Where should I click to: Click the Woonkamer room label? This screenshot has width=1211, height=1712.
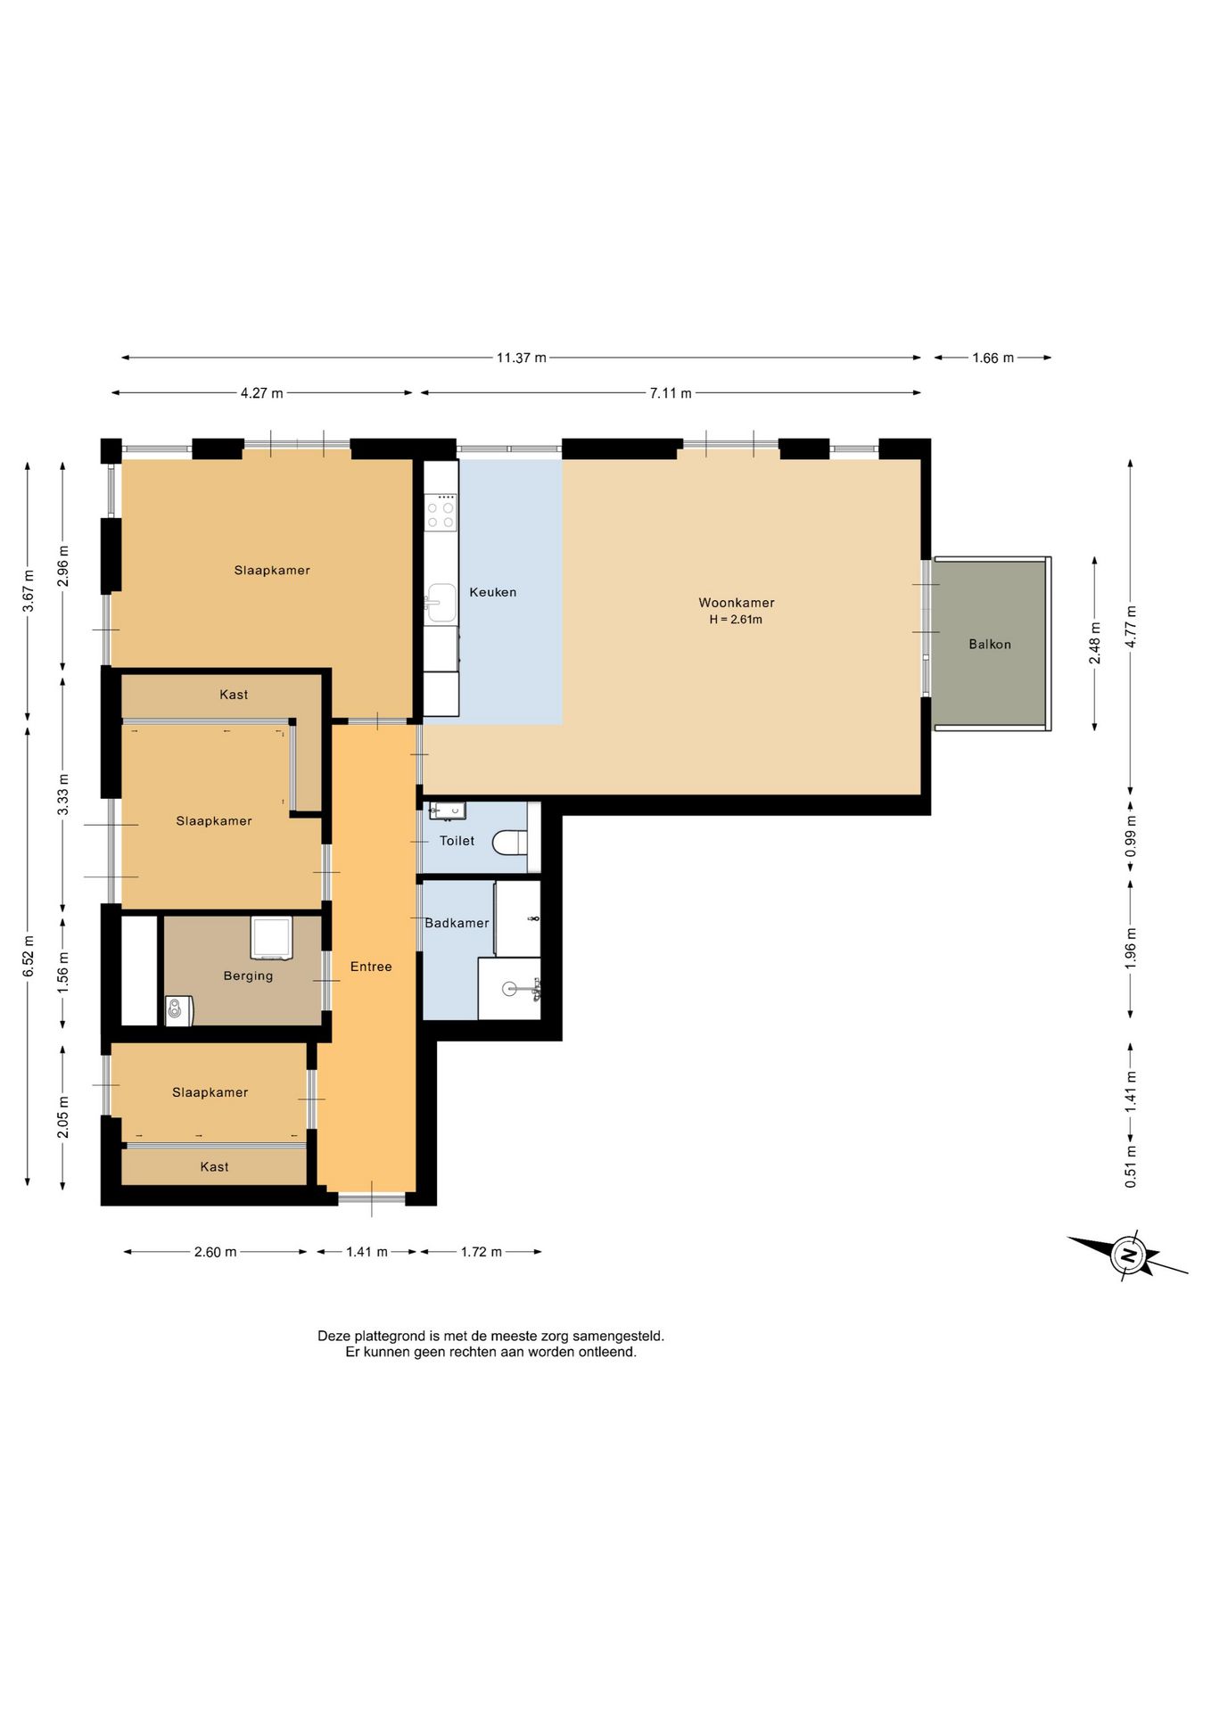(x=736, y=603)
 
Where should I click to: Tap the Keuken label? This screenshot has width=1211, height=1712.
(x=493, y=592)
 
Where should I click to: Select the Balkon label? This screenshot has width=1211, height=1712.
(x=990, y=644)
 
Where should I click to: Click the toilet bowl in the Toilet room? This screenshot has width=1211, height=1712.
(x=510, y=842)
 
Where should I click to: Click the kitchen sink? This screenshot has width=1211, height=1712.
(x=441, y=603)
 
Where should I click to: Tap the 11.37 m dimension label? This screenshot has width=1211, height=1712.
(x=522, y=358)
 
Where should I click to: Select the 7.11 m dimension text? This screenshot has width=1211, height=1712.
(x=671, y=393)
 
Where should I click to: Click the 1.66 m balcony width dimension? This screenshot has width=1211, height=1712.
(x=993, y=358)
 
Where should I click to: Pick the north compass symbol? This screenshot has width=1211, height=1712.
(x=1129, y=1255)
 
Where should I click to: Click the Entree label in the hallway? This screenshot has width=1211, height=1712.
(x=371, y=967)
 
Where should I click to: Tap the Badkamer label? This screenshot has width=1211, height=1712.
(x=457, y=923)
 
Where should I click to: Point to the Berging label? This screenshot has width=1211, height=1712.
(x=248, y=975)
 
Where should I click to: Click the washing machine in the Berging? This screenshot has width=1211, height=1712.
(x=271, y=938)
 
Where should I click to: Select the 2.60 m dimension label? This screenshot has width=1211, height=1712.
(x=216, y=1252)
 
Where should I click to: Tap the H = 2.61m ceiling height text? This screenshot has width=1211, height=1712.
(x=736, y=620)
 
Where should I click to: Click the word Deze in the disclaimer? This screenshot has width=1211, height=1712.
(x=334, y=1336)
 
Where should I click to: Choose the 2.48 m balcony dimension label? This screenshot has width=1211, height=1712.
(x=1095, y=643)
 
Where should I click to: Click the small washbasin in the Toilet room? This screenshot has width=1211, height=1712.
(x=447, y=811)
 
